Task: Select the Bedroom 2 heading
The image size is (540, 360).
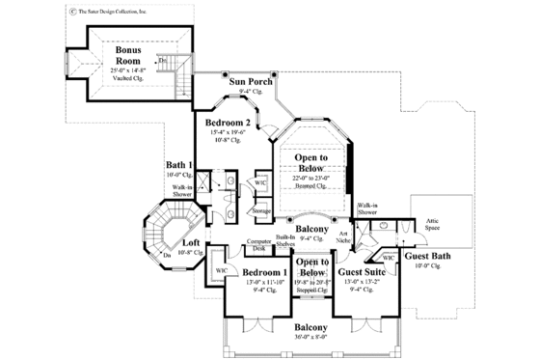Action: click(228, 124)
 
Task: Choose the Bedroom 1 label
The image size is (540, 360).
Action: click(264, 274)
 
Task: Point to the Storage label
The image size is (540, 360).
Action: click(261, 210)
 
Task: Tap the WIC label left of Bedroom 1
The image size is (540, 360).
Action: click(221, 271)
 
